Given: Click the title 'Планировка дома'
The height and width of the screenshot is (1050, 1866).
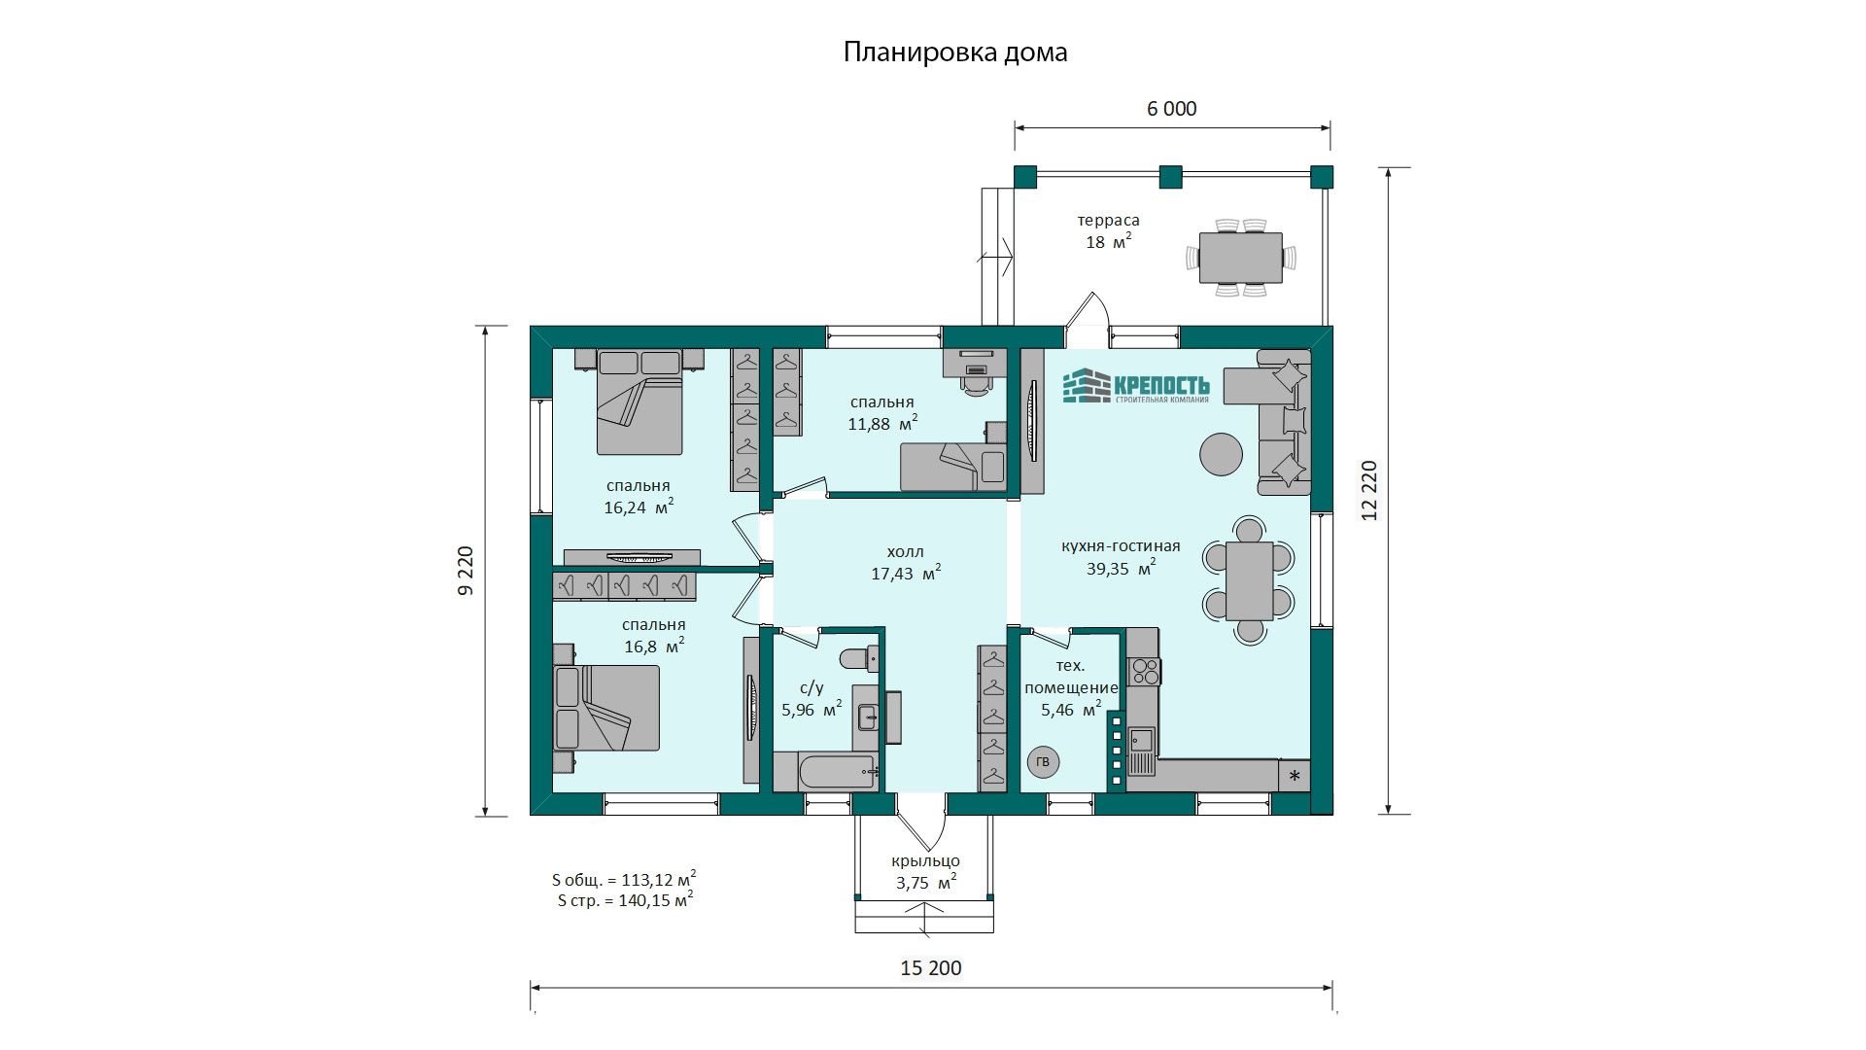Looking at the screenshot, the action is coord(955,52).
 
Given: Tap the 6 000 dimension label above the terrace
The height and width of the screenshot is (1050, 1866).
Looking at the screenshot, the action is coord(1172,109).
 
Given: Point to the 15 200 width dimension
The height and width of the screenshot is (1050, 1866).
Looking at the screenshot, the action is coord(931,968).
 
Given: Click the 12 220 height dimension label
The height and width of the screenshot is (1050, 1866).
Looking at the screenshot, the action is coord(1369,490).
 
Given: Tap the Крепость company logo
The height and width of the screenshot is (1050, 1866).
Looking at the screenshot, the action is coord(1136,386).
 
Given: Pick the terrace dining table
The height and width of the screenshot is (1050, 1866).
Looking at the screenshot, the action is coord(1241,258).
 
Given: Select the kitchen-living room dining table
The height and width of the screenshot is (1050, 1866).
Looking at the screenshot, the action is coord(1250,580).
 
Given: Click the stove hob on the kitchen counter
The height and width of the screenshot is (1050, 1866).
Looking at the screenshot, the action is coord(1144,670).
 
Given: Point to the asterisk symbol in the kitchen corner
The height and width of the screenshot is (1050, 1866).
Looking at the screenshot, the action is coord(1295,776).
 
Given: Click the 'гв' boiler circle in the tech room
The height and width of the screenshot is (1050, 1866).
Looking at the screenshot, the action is coord(1043,762).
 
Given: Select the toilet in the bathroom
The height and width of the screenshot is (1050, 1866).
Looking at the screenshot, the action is coord(857,659).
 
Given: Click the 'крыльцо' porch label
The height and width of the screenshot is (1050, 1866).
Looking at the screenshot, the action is coord(925,861).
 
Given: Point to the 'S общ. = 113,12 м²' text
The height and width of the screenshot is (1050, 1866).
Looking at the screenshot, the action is coord(624,879).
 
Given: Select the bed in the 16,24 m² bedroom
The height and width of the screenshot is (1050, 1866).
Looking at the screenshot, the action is coord(639,402).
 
